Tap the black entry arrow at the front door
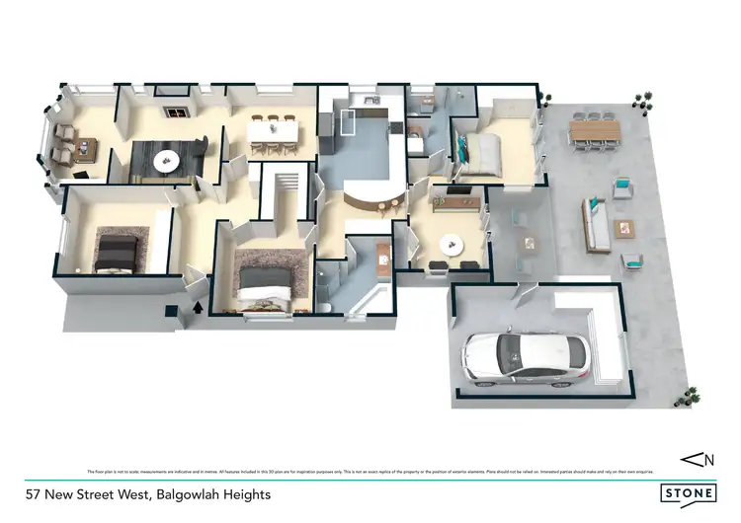[x=198, y=307]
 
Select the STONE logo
[x=689, y=490]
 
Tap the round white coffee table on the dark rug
[x=165, y=158]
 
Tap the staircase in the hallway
[x=285, y=187]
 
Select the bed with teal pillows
[x=478, y=150]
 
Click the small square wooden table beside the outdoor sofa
[x=623, y=228]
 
